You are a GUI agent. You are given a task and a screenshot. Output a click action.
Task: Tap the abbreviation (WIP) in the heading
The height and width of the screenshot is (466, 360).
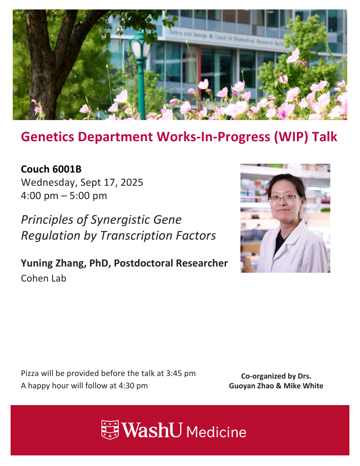coord(291,137)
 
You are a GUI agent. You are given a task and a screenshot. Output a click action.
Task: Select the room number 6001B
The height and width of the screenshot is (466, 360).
coord(67,169)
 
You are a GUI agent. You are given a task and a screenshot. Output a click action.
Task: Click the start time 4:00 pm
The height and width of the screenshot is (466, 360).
coord(40,196)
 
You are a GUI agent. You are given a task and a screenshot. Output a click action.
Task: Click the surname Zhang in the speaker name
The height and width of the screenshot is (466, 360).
coord(71,263)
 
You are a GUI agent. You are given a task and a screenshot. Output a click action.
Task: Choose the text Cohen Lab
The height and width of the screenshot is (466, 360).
coord(44,278)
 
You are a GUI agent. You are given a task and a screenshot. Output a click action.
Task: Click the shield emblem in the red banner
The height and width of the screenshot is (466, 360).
coord(110,429)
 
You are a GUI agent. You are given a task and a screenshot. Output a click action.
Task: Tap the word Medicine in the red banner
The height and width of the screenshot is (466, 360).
coord(217,432)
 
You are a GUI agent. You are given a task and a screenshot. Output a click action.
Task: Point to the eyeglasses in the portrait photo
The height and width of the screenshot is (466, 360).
coord(285,198)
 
